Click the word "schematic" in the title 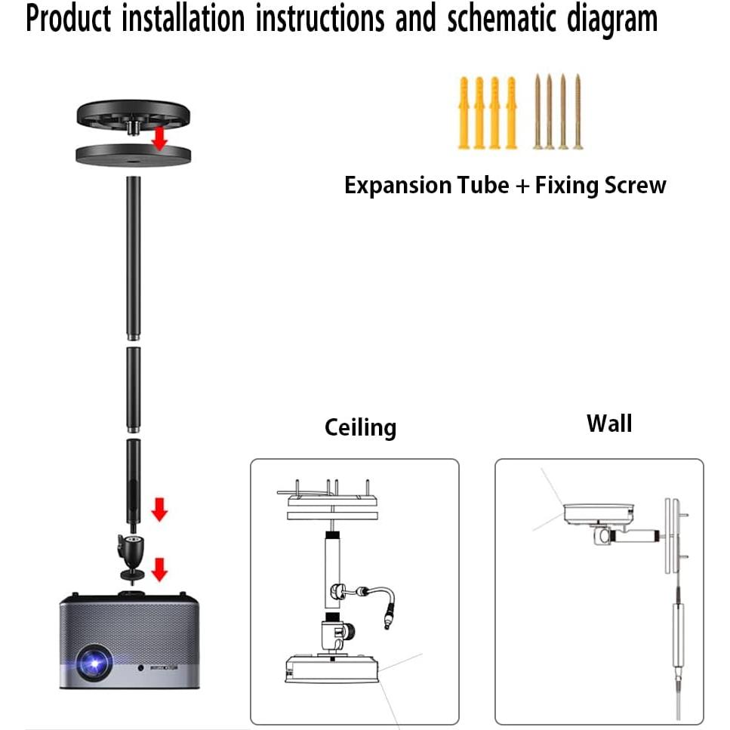[501, 20]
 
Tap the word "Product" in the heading [68, 18]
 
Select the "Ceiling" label [360, 428]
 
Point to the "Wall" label [609, 424]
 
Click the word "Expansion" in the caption [398, 186]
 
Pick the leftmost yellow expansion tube [464, 113]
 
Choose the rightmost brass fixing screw [578, 112]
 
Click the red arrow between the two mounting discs [160, 139]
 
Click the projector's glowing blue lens [94, 662]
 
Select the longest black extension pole [133, 258]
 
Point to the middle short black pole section [133, 390]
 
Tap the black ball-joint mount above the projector [132, 557]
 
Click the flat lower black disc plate [133, 155]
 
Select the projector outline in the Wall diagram [598, 514]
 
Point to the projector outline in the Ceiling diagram [331, 669]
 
